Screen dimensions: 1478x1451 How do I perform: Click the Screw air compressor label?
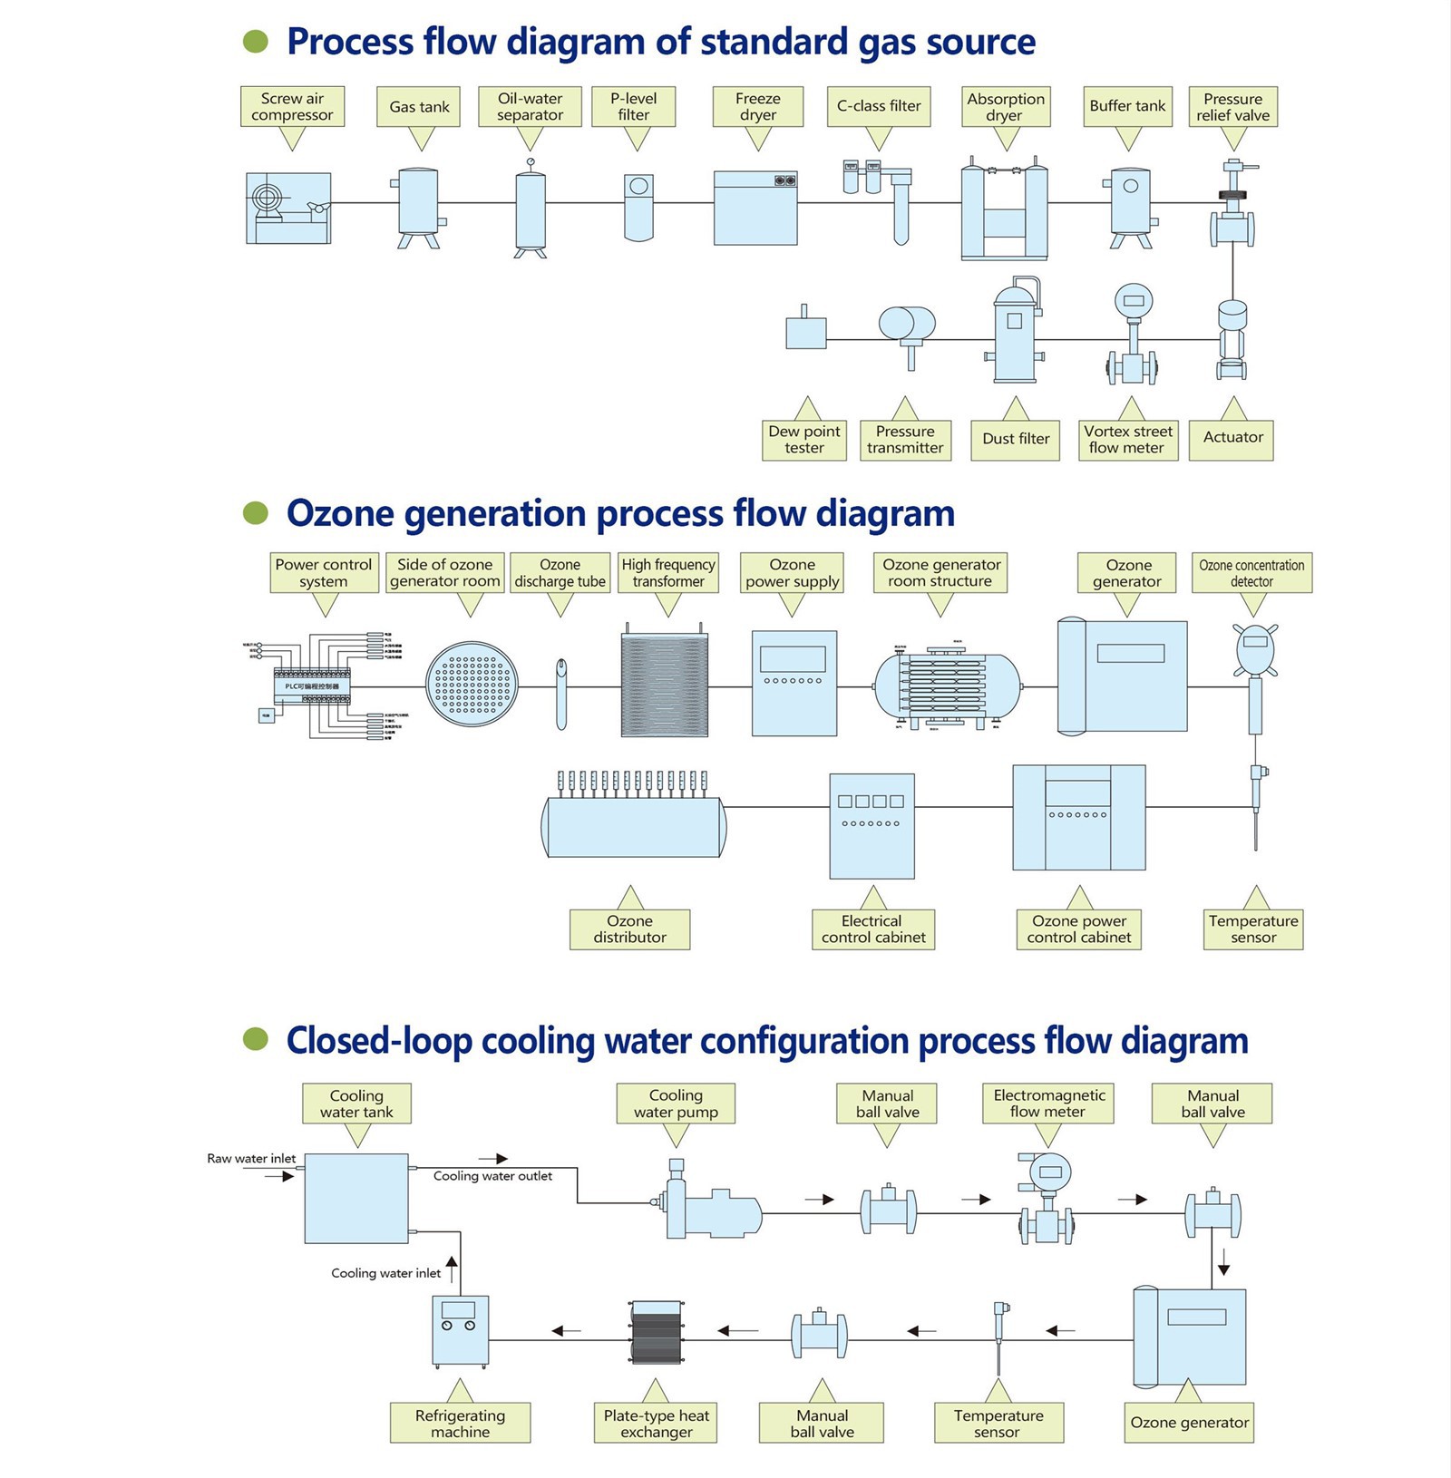(292, 106)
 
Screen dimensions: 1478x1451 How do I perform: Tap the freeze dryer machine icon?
(755, 208)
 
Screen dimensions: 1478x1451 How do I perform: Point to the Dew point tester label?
(804, 440)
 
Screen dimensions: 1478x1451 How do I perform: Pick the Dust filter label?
(1016, 439)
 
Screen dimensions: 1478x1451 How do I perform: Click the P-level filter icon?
(638, 208)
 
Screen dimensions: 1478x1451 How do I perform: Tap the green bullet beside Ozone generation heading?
(256, 513)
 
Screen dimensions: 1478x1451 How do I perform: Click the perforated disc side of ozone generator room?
(472, 686)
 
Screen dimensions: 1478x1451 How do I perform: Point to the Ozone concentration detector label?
(1251, 573)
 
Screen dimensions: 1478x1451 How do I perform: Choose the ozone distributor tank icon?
(633, 826)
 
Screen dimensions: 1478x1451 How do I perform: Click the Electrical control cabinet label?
(872, 929)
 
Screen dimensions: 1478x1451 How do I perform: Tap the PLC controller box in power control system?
(312, 687)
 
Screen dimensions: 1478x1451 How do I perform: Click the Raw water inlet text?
(251, 1158)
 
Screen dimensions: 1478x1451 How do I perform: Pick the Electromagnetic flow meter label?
(1048, 1104)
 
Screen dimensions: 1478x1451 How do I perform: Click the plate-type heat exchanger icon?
(656, 1332)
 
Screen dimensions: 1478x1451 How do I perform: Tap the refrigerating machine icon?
(461, 1331)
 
